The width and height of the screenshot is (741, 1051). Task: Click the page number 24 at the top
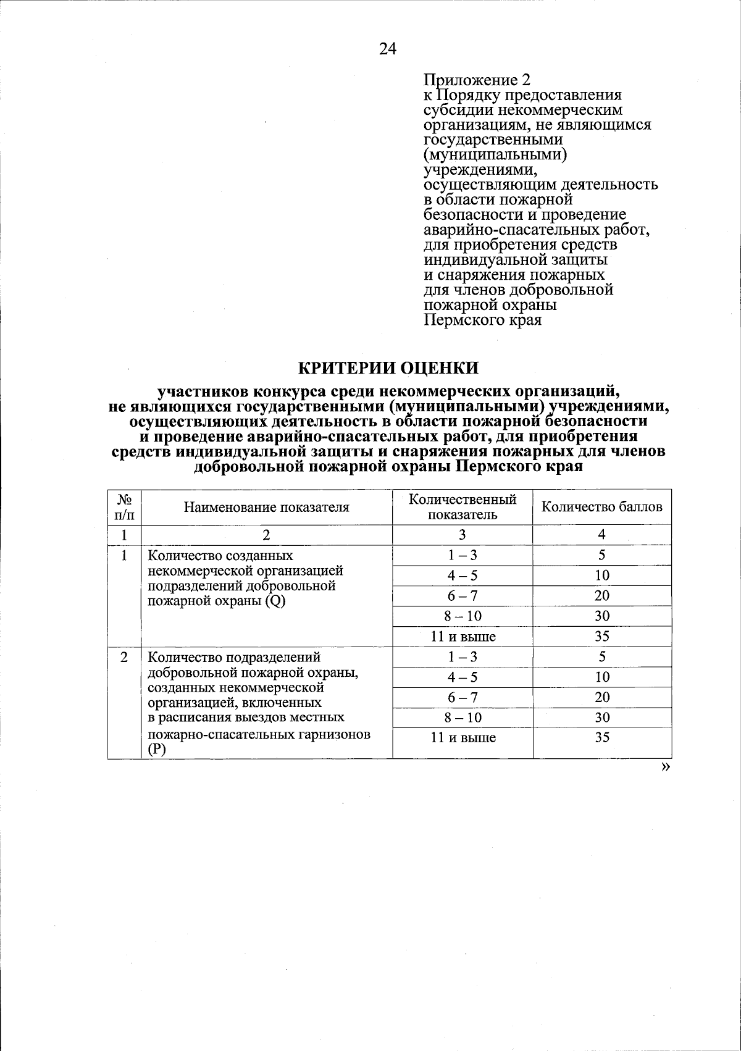pyautogui.click(x=387, y=49)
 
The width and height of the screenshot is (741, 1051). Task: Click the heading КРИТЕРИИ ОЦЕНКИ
pyautogui.click(x=388, y=368)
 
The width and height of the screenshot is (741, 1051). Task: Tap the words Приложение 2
pyautogui.click(x=477, y=80)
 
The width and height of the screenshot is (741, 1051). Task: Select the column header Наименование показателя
pyautogui.click(x=266, y=508)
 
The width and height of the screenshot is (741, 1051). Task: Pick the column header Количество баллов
pyautogui.click(x=601, y=507)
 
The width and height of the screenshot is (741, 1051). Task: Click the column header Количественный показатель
pyautogui.click(x=463, y=507)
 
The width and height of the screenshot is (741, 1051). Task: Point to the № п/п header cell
pyautogui.click(x=124, y=507)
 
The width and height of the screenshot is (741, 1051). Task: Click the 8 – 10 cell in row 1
pyautogui.click(x=463, y=616)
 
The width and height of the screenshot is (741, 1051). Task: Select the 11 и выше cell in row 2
pyautogui.click(x=463, y=738)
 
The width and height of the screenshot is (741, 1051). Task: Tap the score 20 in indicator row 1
pyautogui.click(x=602, y=596)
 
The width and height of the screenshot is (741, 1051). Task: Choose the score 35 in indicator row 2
pyautogui.click(x=602, y=738)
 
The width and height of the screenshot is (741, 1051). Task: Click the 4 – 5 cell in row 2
pyautogui.click(x=463, y=677)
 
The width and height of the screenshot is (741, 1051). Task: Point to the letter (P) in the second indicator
pyautogui.click(x=154, y=750)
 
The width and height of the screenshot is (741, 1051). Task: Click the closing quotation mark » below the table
pyautogui.click(x=665, y=767)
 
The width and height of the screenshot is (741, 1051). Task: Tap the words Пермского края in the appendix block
pyautogui.click(x=483, y=320)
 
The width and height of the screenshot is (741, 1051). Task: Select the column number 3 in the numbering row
pyautogui.click(x=463, y=535)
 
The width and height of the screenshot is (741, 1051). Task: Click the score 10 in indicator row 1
pyautogui.click(x=602, y=576)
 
